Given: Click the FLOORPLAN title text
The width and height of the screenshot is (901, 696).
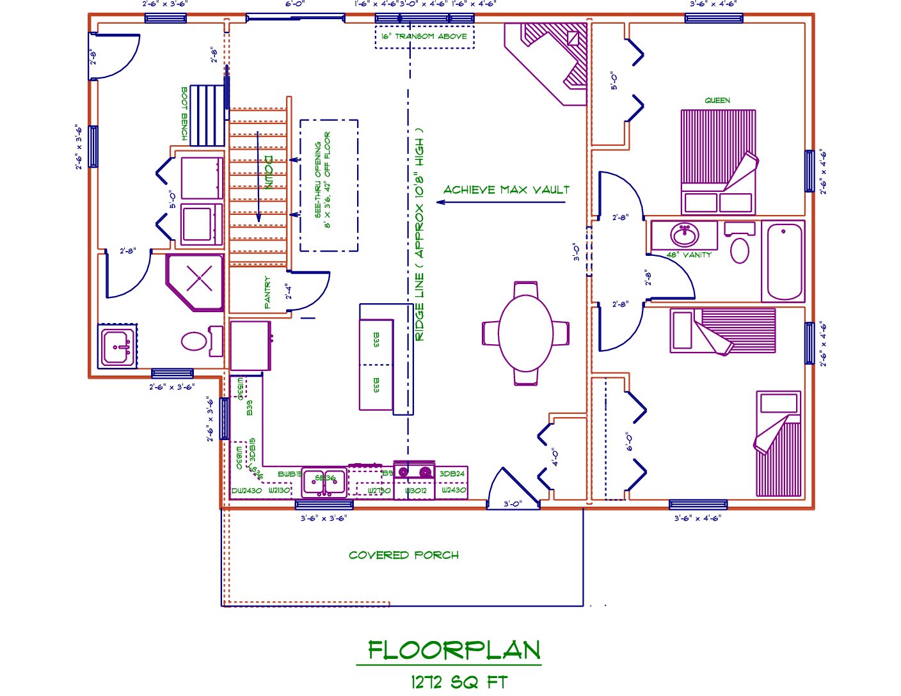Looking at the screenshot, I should pyautogui.click(x=454, y=651).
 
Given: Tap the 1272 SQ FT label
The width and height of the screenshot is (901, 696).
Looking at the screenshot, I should pyautogui.click(x=459, y=683).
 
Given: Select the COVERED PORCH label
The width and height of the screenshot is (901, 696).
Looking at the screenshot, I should pyautogui.click(x=404, y=555).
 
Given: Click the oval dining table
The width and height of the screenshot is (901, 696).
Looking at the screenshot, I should pyautogui.click(x=525, y=333).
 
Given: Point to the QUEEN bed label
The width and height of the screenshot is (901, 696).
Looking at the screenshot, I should pyautogui.click(x=717, y=100).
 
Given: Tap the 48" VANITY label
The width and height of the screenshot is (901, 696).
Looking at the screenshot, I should pyautogui.click(x=689, y=255).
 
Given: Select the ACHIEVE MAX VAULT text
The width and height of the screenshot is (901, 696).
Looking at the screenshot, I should pyautogui.click(x=506, y=190).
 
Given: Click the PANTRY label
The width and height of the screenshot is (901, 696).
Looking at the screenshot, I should pyautogui.click(x=267, y=293).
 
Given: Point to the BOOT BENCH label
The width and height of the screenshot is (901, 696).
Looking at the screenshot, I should pyautogui.click(x=185, y=114).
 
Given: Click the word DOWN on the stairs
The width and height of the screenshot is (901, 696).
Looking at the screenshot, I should pyautogui.click(x=269, y=172).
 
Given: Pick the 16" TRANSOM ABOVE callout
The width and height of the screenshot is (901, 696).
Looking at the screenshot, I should pyautogui.click(x=424, y=36).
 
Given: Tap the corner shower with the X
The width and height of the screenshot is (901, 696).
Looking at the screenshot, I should pyautogui.click(x=198, y=280).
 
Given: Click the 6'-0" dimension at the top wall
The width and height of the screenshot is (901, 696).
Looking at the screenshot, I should pyautogui.click(x=295, y=4).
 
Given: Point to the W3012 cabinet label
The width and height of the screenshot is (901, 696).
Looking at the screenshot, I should pyautogui.click(x=415, y=491).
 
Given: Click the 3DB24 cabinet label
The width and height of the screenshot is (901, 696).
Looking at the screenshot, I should pyautogui.click(x=452, y=474).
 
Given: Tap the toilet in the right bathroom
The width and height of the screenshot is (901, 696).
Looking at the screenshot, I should pyautogui.click(x=740, y=250).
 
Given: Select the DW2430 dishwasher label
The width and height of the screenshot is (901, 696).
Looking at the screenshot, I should pyautogui.click(x=246, y=491).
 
